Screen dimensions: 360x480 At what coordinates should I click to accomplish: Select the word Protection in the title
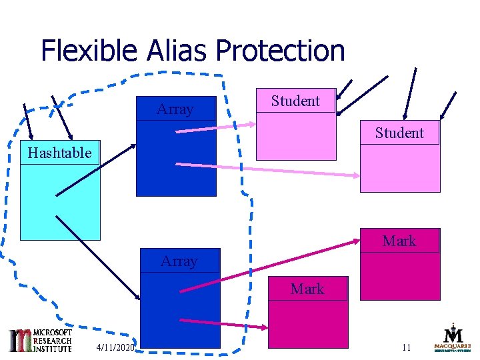point(280,51)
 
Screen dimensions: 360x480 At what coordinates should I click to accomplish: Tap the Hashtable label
point(59,153)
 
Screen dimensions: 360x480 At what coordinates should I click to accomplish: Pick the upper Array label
point(175,109)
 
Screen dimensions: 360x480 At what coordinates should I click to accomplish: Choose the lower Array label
point(179,261)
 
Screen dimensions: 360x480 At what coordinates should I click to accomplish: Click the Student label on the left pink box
point(295,101)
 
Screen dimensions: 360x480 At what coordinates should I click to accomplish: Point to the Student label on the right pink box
point(399,133)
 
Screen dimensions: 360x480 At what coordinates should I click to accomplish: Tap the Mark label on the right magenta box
point(399,241)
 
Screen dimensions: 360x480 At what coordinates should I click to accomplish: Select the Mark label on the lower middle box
point(307,289)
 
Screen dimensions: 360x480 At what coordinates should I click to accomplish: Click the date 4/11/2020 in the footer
point(115,347)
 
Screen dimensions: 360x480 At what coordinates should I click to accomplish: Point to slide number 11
point(407,347)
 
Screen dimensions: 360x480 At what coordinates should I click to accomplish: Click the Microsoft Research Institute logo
point(40,340)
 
